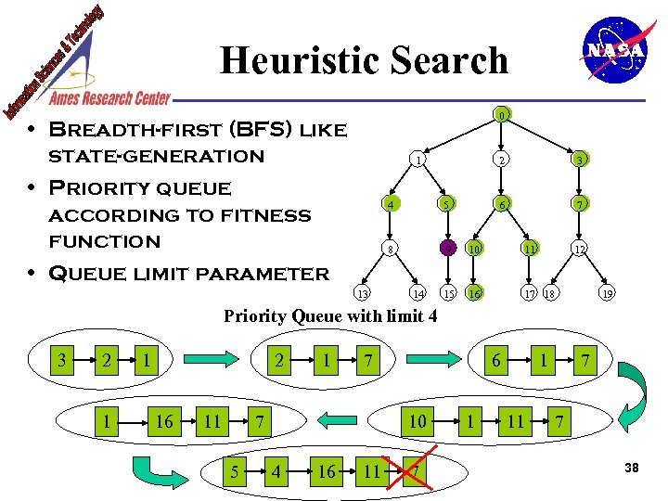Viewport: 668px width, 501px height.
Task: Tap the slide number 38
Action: click(632, 468)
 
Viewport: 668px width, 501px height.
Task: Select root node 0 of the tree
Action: click(501, 116)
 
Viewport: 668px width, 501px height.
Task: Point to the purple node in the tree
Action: click(447, 248)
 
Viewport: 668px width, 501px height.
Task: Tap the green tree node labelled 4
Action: click(392, 204)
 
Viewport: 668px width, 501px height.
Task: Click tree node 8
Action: click(392, 249)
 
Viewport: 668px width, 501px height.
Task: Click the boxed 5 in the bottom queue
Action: click(235, 472)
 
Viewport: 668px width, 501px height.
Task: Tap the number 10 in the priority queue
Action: click(418, 422)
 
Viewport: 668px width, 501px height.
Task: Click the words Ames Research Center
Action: click(109, 98)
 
